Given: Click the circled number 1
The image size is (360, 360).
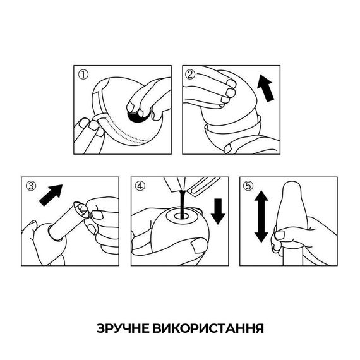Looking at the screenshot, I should pos(83,74).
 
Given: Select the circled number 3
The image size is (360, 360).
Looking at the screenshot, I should pos(30,186).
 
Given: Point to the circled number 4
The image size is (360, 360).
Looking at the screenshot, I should pos(139,186).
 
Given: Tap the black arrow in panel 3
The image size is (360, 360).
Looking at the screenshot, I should pos(52,193).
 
